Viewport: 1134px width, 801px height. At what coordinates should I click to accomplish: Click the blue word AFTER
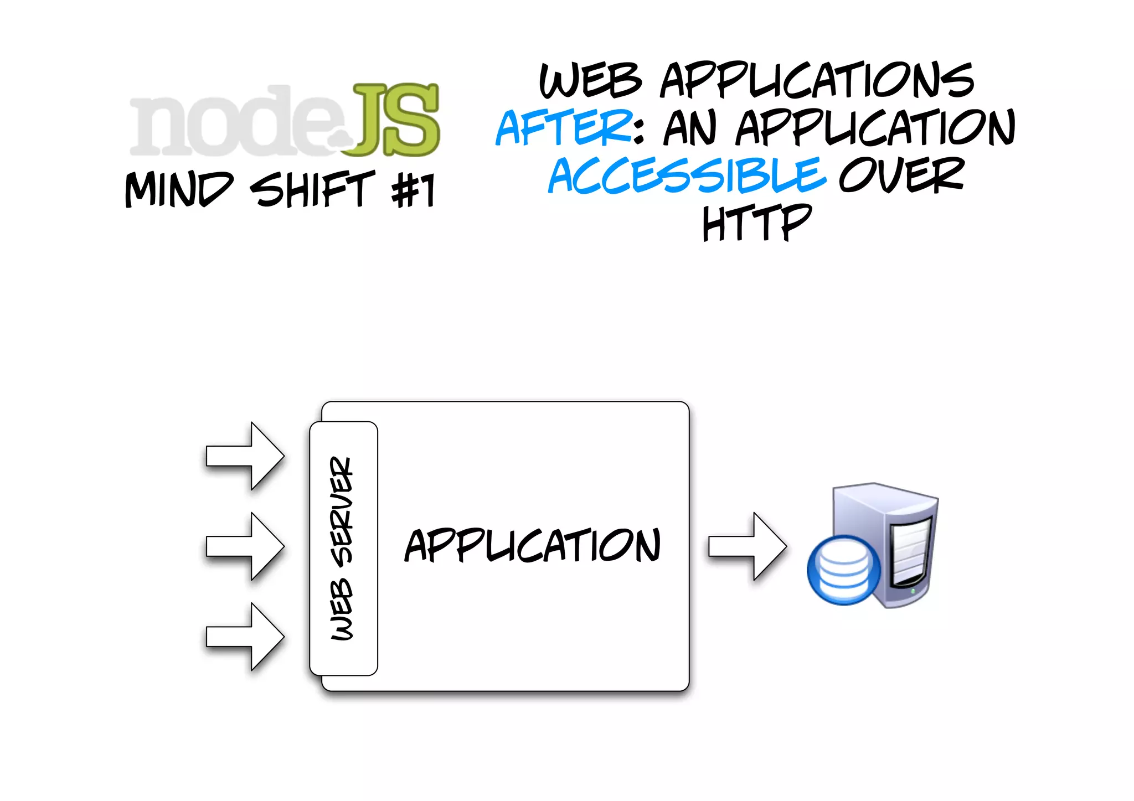[564, 128]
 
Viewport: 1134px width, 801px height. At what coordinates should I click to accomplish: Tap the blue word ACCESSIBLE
[687, 176]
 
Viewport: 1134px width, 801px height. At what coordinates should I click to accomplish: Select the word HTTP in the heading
[756, 223]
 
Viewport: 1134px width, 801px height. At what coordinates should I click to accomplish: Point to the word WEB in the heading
[590, 81]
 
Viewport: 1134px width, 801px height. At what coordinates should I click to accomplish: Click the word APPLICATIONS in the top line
[817, 81]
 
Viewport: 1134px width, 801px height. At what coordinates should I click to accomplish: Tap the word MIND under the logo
[178, 190]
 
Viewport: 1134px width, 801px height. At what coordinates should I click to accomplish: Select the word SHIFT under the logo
[312, 190]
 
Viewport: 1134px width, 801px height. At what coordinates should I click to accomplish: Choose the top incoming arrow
[245, 456]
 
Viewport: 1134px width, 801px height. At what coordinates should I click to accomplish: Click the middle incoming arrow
[245, 546]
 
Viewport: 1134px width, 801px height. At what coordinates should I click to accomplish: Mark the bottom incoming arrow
[245, 637]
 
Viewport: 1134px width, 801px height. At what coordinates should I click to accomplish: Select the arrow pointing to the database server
[747, 546]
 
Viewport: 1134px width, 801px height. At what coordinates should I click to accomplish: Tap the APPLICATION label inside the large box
[533, 546]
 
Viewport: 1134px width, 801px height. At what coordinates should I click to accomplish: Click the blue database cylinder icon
[843, 570]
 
